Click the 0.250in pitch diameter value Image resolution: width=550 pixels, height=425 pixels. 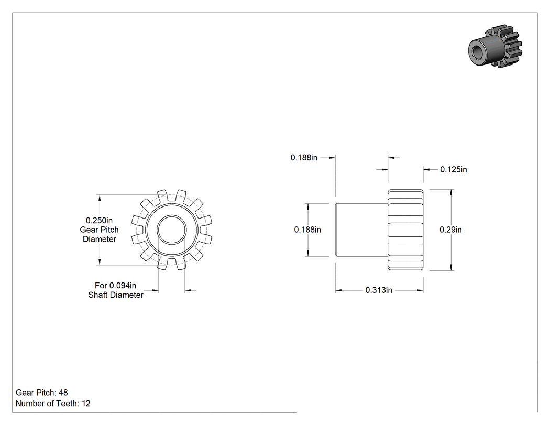pyautogui.click(x=100, y=221)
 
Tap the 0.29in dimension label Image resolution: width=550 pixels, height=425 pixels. pyautogui.click(x=450, y=230)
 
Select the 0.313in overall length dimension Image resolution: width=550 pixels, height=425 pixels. pyautogui.click(x=379, y=290)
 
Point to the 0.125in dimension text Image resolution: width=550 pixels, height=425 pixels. pyautogui.click(x=454, y=169)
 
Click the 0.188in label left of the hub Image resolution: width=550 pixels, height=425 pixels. pyautogui.click(x=307, y=230)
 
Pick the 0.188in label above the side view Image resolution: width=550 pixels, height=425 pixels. pyautogui.click(x=304, y=158)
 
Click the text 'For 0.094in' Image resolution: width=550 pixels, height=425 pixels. pyautogui.click(x=115, y=286)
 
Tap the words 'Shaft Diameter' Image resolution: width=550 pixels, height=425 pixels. pyautogui.click(x=116, y=295)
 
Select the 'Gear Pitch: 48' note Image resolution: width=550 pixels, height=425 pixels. pyautogui.click(x=42, y=393)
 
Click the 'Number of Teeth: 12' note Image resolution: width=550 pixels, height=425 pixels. pyautogui.click(x=53, y=404)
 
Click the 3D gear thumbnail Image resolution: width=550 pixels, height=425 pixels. pyautogui.click(x=496, y=46)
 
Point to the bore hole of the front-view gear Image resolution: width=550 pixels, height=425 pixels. pyautogui.click(x=171, y=230)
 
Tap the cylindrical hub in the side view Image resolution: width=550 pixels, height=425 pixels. pyautogui.click(x=361, y=230)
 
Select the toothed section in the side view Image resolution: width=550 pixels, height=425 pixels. pyautogui.click(x=405, y=230)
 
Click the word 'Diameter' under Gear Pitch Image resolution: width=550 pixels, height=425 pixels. pyautogui.click(x=100, y=239)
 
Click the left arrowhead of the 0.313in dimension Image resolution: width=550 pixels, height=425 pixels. pyautogui.click(x=339, y=290)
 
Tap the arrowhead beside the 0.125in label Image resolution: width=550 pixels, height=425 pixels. pyautogui.click(x=427, y=169)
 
